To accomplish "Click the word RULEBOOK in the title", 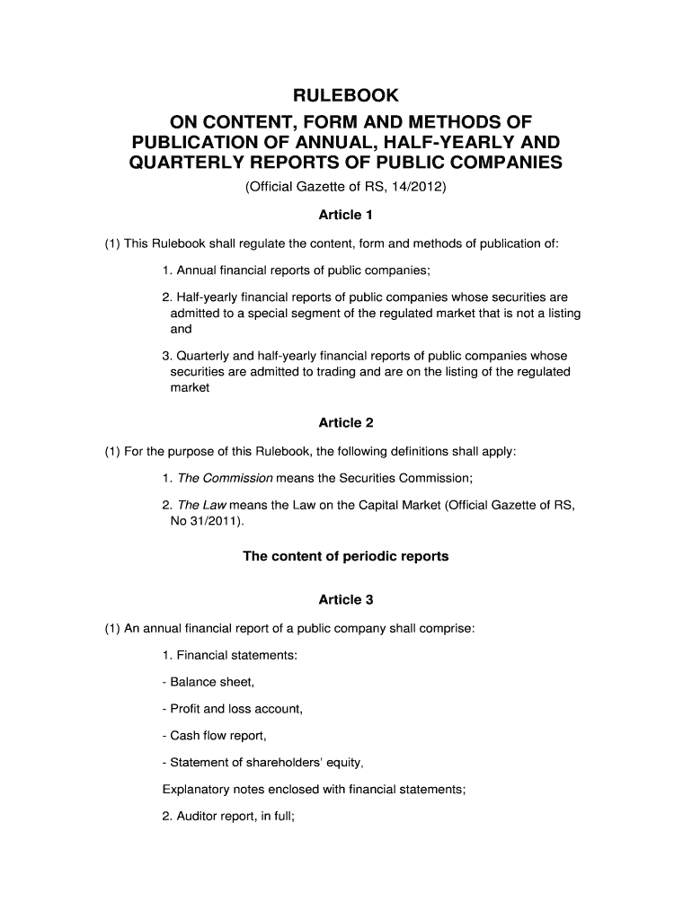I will coord(346,96).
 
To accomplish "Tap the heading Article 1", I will coord(346,215).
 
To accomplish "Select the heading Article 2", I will coord(346,422).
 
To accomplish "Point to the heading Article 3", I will coord(346,599).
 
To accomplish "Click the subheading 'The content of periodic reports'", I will coord(346,556).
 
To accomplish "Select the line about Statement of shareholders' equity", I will coord(262,764).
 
